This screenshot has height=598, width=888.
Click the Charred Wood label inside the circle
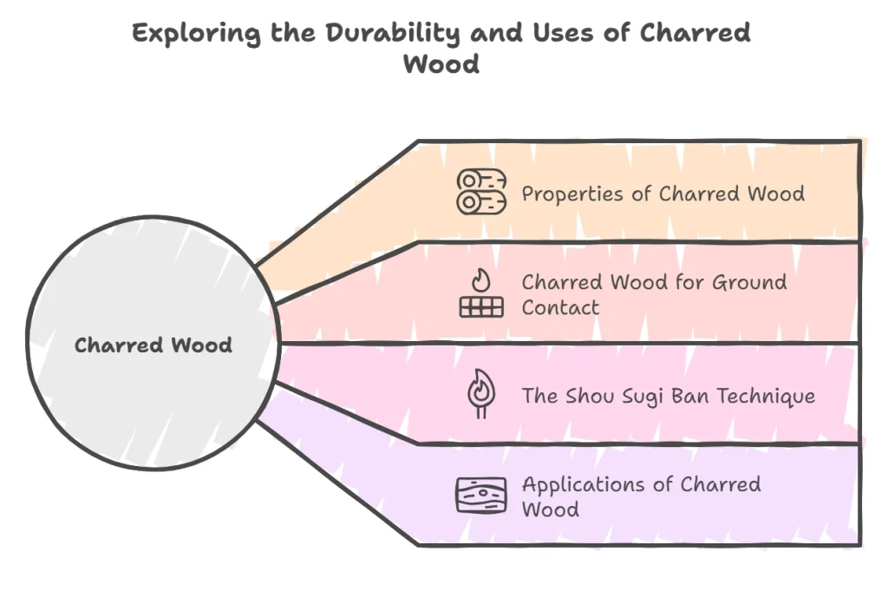[153, 345]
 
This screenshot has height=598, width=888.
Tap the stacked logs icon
[481, 192]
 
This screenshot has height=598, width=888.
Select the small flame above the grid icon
[480, 279]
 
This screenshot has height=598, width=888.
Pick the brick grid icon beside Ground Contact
[480, 306]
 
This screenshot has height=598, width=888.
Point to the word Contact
[560, 307]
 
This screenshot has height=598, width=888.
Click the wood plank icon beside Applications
[480, 496]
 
